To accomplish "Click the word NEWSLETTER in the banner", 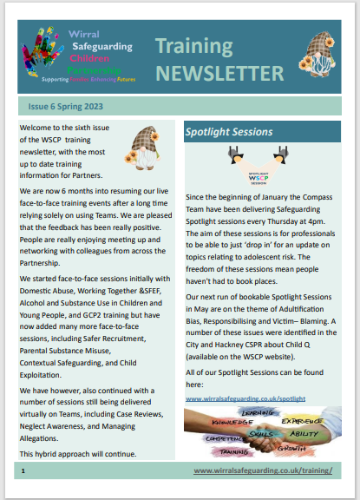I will tap(219, 71).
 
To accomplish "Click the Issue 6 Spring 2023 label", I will tap(65, 106).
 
